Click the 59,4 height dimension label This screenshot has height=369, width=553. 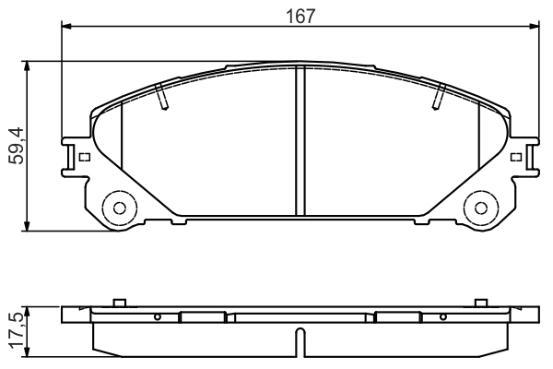(16, 146)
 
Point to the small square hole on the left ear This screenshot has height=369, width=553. (84, 156)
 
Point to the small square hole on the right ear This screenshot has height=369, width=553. (513, 156)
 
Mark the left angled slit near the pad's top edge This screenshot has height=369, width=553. (162, 96)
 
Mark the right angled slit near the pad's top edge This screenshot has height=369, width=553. (438, 96)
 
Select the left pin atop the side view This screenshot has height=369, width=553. (117, 304)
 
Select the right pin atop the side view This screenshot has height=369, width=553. (479, 304)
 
